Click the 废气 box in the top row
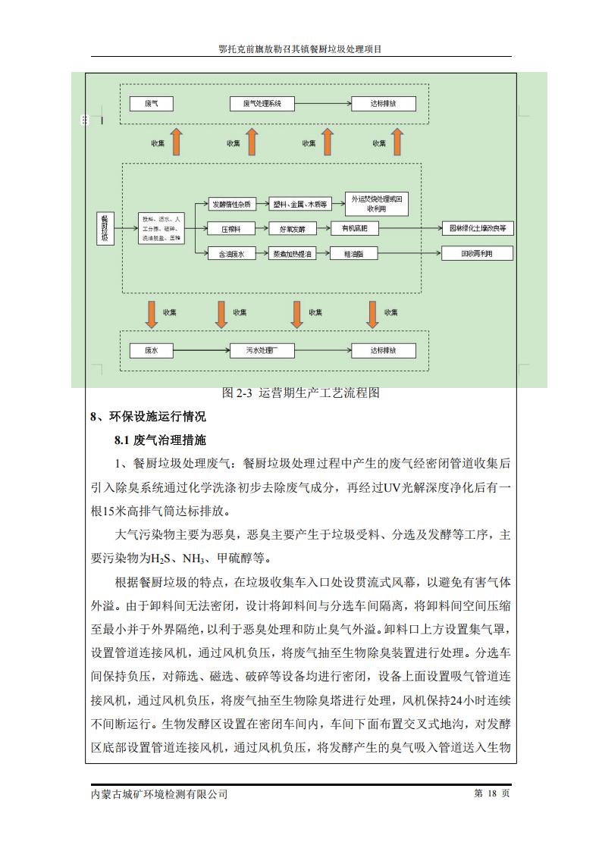(151, 104)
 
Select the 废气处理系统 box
(262, 104)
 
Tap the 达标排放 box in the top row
(383, 104)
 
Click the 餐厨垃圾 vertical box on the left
(105, 227)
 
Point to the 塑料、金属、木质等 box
(300, 203)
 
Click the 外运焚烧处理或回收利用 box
(377, 202)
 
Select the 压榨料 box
(231, 228)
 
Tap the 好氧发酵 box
(293, 228)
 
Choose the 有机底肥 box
(354, 228)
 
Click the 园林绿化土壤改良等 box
(477, 227)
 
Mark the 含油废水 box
(231, 254)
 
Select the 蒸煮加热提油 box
(293, 254)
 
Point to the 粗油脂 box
(354, 254)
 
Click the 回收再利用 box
(477, 253)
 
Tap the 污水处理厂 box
(262, 351)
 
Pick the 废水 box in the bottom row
(151, 351)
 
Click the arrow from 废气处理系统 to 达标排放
(321, 104)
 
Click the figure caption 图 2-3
(300, 393)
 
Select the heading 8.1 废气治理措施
(160, 440)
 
